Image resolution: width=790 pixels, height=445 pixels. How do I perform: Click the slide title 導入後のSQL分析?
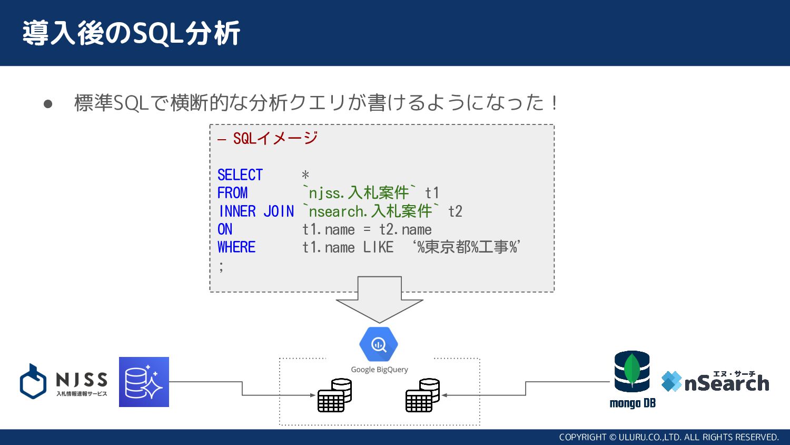[131, 33]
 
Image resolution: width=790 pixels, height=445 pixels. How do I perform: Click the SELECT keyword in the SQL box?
[240, 175]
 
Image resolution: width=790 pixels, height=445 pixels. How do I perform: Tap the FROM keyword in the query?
[232, 193]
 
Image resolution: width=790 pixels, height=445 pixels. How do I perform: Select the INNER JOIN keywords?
[256, 211]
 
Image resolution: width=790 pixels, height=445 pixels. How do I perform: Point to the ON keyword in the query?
[225, 229]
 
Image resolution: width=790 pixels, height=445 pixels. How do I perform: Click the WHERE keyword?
[236, 247]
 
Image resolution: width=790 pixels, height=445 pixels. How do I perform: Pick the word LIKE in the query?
[378, 247]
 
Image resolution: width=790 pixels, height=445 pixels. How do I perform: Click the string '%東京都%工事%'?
[467, 247]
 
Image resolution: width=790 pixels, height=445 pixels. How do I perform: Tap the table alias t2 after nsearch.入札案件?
[455, 211]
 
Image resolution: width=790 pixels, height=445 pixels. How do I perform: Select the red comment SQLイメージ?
[275, 139]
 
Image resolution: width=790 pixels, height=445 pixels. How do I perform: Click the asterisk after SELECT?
[305, 175]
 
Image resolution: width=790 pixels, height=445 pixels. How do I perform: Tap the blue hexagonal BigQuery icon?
[379, 344]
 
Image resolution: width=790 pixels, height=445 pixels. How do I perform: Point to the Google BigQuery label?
[379, 370]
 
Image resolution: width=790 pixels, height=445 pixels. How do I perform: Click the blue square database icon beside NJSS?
[144, 382]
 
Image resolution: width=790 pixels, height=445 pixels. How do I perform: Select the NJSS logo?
[64, 381]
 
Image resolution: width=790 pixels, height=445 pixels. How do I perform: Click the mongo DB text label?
[632, 403]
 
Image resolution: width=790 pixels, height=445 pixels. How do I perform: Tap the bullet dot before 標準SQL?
[48, 103]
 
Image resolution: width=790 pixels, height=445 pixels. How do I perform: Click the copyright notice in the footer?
[668, 437]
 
